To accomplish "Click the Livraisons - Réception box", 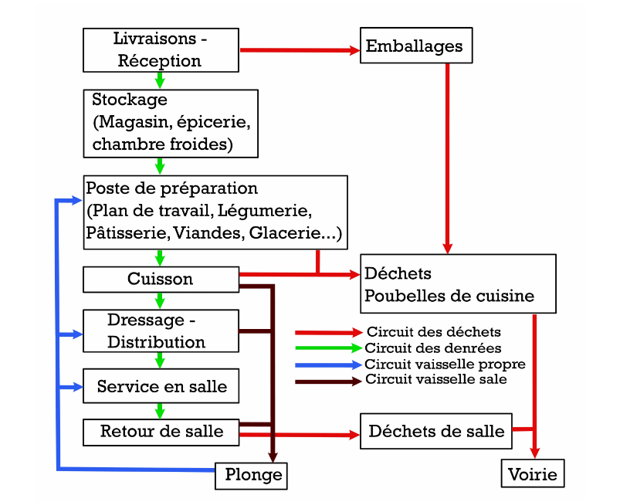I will (x=161, y=50).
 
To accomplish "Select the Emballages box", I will (x=415, y=46).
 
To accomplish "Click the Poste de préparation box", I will (x=215, y=212).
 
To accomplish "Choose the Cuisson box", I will (x=161, y=280).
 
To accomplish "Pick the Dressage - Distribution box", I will (x=161, y=331).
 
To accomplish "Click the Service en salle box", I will (x=161, y=386).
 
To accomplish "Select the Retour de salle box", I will (x=161, y=432).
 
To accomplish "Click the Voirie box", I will (x=533, y=473).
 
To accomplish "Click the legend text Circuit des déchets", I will (x=433, y=332).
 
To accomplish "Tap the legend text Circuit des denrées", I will (x=433, y=348).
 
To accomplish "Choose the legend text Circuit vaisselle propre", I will (x=445, y=365).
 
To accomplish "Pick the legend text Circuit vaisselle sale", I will (x=435, y=380).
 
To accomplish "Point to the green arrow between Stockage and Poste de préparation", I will (x=161, y=166).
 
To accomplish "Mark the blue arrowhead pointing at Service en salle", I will (x=76, y=387).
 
